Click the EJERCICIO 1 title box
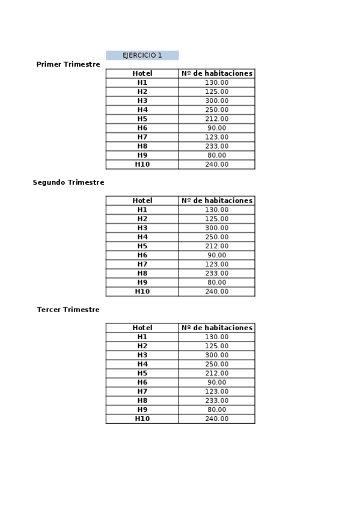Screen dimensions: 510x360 tap(142, 55)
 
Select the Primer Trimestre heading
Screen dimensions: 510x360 tap(68, 64)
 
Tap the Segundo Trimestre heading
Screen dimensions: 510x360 tap(69, 182)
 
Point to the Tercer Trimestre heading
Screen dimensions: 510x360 tap(69, 310)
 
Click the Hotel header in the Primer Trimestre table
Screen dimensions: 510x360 tap(142, 73)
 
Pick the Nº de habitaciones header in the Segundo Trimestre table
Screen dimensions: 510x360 tap(217, 201)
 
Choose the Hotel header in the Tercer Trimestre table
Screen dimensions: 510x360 tap(142, 328)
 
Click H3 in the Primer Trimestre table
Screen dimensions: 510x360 tap(142, 100)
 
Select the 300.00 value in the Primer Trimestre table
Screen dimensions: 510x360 tap(217, 100)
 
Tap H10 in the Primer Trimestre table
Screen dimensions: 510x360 tap(142, 164)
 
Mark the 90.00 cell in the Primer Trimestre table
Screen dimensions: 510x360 tap(217, 128)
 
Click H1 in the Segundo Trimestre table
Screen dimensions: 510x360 tap(142, 210)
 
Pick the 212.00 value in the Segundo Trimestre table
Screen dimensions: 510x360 tap(217, 246)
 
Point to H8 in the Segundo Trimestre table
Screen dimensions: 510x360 tap(142, 273)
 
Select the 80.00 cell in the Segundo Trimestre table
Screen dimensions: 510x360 tap(217, 282)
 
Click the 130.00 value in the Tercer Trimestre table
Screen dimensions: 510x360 tap(217, 337)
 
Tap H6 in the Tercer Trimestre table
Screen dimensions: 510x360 tap(142, 382)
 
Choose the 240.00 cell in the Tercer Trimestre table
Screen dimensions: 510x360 tap(217, 419)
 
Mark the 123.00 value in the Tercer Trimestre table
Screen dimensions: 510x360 tap(217, 392)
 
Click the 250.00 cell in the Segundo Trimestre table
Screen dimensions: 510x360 tap(217, 237)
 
